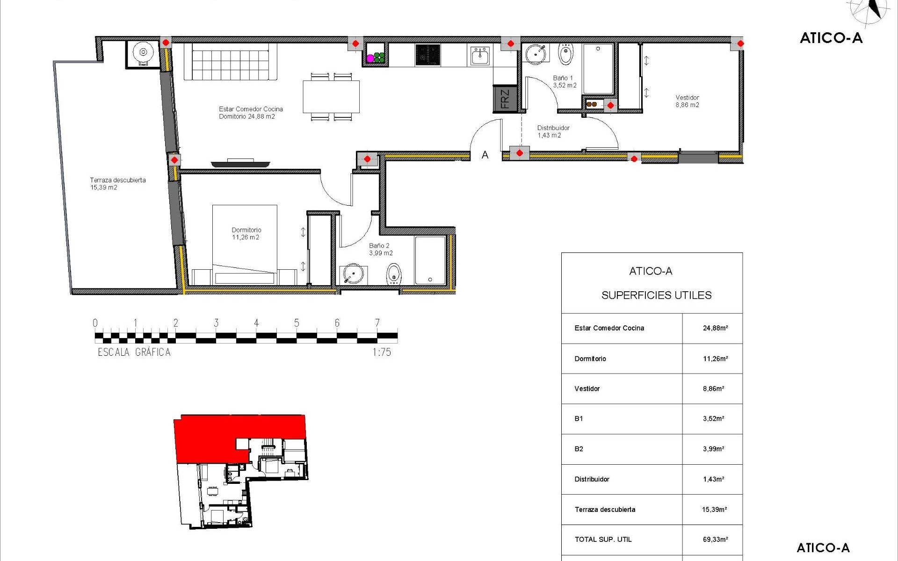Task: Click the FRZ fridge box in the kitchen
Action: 505,99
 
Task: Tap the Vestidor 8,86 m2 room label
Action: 687,101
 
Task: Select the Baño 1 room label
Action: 564,81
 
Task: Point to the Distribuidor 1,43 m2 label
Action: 553,131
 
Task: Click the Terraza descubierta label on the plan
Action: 117,183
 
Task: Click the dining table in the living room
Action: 331,97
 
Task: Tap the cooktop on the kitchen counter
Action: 427,55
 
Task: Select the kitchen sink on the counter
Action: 480,56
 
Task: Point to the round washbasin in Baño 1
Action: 535,54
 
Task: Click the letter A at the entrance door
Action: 485,155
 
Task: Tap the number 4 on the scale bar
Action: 256,323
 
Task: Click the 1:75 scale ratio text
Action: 382,352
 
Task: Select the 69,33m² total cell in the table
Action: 715,539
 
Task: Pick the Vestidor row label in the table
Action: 587,388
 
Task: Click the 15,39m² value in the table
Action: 714,510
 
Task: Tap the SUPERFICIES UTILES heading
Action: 656,295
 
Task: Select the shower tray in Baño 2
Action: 430,260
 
